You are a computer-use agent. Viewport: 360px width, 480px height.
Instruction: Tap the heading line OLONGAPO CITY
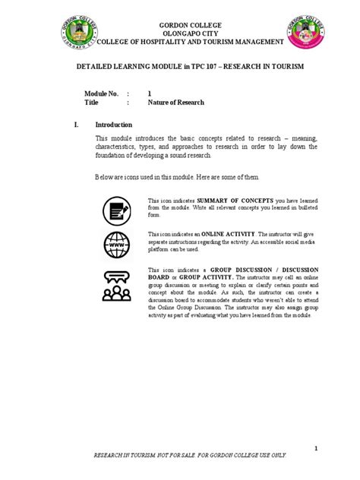point(180,34)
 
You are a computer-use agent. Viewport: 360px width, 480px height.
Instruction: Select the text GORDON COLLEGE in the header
point(179,25)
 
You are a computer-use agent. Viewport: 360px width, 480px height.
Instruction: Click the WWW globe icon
point(117,245)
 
